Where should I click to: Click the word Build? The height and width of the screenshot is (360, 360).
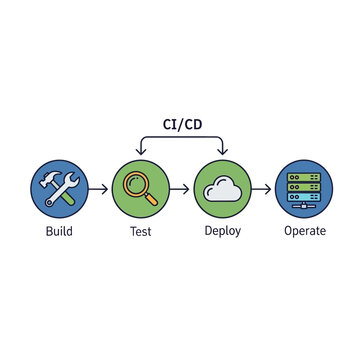59,232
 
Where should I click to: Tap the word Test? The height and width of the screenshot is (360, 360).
140,232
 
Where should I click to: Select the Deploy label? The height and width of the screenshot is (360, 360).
222,232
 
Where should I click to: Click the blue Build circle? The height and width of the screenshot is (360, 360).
59,187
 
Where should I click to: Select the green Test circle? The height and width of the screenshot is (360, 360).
140,187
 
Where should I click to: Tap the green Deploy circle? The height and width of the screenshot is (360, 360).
221,187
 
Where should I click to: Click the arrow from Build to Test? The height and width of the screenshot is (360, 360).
99,187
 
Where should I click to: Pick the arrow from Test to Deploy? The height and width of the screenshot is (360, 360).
180,187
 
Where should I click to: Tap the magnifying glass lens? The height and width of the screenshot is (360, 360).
136,183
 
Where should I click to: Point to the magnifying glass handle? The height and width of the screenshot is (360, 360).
151,199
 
